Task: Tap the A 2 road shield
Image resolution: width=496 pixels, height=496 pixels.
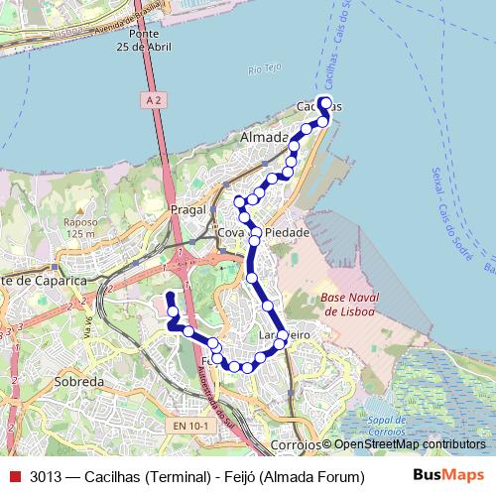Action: click(150, 100)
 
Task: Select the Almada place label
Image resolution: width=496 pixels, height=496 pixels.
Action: click(264, 137)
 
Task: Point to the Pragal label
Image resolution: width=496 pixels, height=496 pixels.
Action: click(186, 210)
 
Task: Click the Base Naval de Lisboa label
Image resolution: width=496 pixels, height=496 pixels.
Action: click(347, 305)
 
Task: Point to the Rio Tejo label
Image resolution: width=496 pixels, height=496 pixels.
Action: click(266, 69)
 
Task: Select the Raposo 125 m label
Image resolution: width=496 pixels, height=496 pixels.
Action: click(80, 229)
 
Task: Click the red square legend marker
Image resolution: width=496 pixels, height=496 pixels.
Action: click(14, 476)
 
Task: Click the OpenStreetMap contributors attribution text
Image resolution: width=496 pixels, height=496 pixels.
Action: click(409, 445)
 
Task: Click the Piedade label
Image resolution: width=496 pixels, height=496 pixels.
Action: click(288, 232)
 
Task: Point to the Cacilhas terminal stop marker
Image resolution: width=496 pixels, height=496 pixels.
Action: click(323, 103)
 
